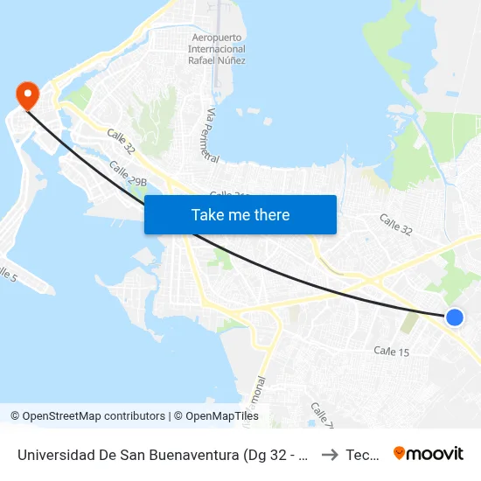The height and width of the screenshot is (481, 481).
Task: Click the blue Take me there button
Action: tap(240, 215)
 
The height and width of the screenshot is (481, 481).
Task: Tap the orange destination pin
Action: tap(28, 94)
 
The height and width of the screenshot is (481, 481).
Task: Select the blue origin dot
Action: tap(454, 317)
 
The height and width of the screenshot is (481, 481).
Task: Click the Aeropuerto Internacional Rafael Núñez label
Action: tap(217, 48)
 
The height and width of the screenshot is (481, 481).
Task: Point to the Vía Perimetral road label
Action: tap(210, 136)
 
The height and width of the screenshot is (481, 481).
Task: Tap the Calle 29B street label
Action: tap(128, 174)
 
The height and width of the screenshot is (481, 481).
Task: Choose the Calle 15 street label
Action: tap(392, 351)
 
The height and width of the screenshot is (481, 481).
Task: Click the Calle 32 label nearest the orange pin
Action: tap(121, 142)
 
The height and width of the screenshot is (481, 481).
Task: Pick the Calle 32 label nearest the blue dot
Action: tap(395, 224)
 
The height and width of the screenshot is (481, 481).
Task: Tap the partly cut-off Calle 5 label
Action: tap(7, 272)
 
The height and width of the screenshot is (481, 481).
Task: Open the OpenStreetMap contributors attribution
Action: tap(94, 416)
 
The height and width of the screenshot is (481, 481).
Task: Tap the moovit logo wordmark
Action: tap(436, 454)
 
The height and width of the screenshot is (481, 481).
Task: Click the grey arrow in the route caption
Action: tap(329, 455)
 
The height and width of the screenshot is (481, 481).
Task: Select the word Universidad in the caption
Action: tap(55, 455)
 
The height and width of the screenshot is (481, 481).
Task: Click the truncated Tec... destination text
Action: tap(362, 455)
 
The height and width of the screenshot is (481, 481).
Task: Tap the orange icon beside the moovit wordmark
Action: tap(400, 453)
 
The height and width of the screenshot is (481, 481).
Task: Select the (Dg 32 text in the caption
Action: tap(263, 455)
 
